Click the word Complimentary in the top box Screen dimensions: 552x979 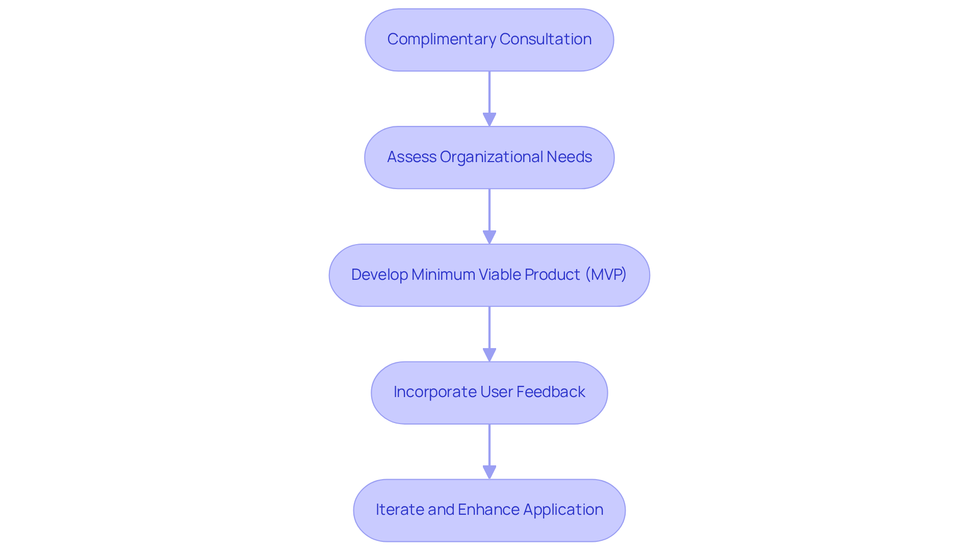point(442,39)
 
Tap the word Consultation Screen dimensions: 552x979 point(546,39)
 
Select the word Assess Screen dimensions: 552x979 point(411,157)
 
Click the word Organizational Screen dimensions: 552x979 point(492,157)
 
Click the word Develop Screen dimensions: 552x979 point(379,275)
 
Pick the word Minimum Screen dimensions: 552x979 point(443,275)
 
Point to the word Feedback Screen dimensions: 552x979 point(550,392)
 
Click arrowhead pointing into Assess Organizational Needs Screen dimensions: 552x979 point(489,119)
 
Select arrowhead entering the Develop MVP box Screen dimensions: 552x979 point(489,237)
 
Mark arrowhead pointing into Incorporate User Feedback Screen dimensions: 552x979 point(489,355)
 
